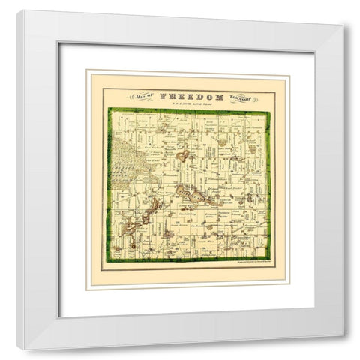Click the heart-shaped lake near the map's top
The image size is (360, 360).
[183, 157]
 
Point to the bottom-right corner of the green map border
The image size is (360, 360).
[269, 261]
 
